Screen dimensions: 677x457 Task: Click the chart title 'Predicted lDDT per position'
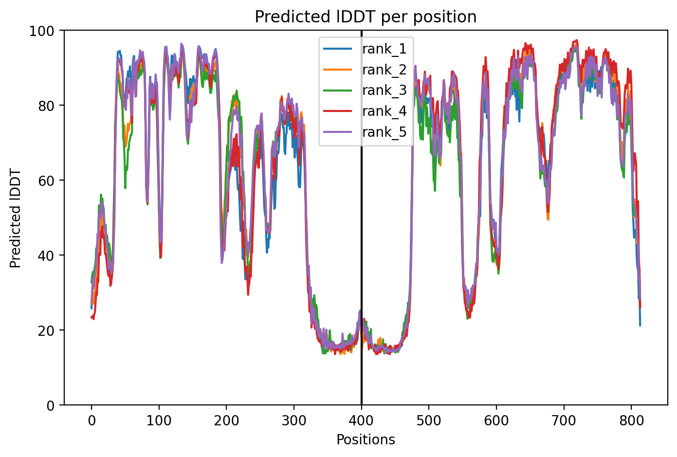pyautogui.click(x=366, y=17)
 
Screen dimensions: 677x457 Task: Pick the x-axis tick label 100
pyautogui.click(x=159, y=420)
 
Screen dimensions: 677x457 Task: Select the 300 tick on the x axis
pyautogui.click(x=294, y=420)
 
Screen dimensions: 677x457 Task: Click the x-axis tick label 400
pyautogui.click(x=362, y=420)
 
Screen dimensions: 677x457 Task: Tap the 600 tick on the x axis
pyautogui.click(x=496, y=420)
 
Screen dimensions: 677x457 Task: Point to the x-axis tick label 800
pyautogui.click(x=631, y=420)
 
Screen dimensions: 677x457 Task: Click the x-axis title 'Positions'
pyautogui.click(x=366, y=440)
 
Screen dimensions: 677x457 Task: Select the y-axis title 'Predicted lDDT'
pyautogui.click(x=15, y=218)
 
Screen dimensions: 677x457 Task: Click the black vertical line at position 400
pyautogui.click(x=362, y=218)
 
